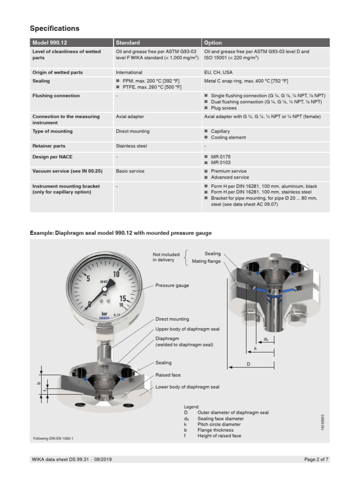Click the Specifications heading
point(55,29)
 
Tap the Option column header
point(213,43)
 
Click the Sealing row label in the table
point(41,81)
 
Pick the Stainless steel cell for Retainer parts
point(131,146)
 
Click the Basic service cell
point(130,171)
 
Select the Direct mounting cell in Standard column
point(133,132)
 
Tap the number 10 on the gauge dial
point(117,274)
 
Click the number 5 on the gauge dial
point(88,278)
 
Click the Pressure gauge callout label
point(172,285)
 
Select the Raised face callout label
point(168,375)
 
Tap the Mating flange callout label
point(206,261)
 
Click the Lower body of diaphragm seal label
point(187,387)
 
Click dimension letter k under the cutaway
point(255,349)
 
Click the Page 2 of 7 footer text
point(316,459)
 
